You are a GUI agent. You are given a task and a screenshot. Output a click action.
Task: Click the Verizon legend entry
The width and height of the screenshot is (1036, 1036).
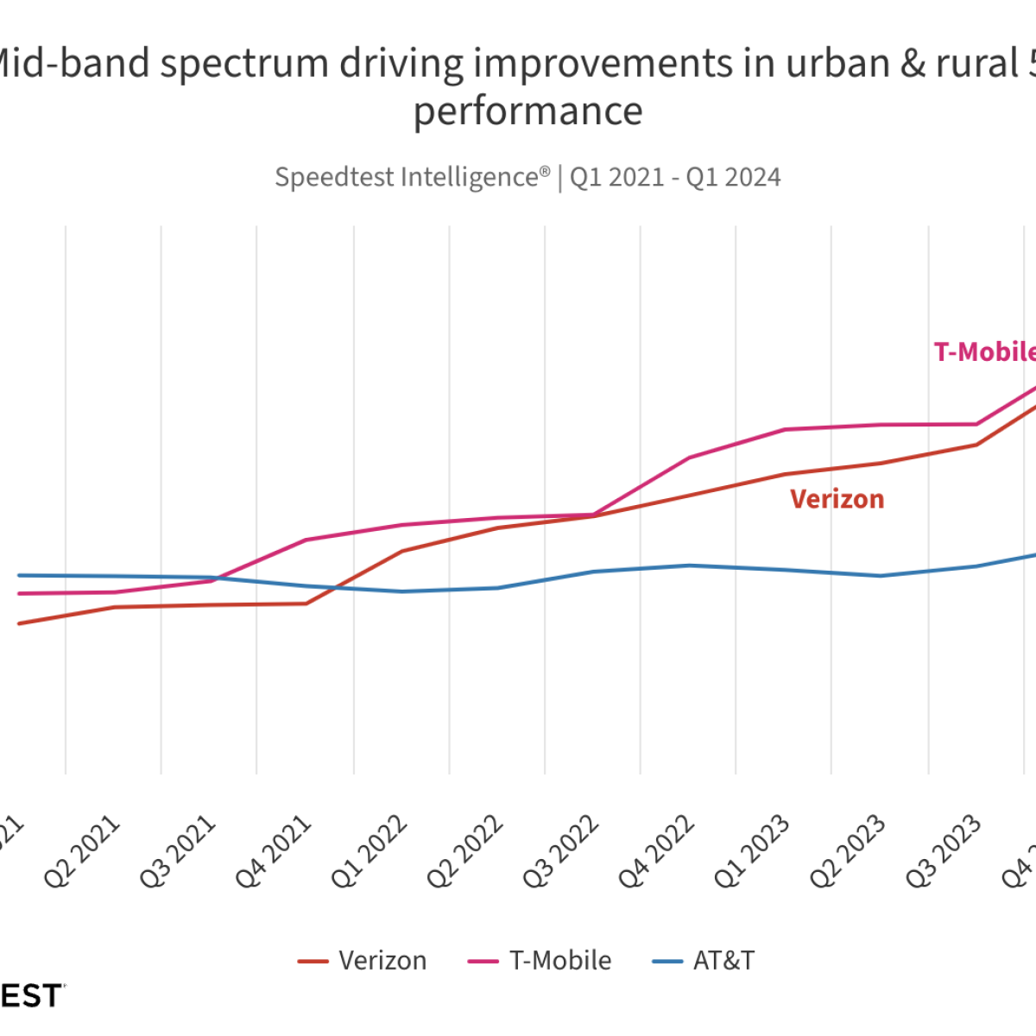point(363,961)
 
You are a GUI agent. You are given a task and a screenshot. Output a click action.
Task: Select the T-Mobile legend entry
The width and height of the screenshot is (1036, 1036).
point(540,961)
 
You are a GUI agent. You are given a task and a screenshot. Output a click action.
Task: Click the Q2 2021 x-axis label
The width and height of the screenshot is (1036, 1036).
point(81,852)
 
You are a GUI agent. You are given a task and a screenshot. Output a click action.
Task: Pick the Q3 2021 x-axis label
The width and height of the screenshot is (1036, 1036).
point(177,852)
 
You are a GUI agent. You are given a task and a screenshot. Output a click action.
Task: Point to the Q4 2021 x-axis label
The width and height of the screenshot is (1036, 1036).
point(273,852)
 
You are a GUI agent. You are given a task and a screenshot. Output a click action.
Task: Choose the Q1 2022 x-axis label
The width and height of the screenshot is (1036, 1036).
point(369,852)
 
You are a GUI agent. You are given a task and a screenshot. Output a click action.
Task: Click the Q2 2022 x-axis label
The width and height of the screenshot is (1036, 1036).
point(464,852)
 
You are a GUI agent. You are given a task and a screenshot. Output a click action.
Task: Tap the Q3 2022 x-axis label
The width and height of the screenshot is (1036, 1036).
point(560,852)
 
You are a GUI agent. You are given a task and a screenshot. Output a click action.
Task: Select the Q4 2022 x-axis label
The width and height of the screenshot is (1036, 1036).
point(656,852)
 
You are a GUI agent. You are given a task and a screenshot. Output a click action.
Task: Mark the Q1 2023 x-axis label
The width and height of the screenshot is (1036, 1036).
point(751,852)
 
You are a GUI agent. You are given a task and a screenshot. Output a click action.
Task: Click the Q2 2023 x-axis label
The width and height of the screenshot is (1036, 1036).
point(847,852)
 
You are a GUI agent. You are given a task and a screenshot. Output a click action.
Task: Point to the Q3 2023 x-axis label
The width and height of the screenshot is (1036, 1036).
point(943,852)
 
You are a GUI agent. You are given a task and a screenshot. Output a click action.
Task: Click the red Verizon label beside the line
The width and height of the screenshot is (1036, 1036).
point(837,499)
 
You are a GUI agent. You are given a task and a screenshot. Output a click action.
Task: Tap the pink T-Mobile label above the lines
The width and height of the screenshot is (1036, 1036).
point(985,352)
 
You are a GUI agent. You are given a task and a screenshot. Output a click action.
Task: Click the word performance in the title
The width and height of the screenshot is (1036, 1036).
point(528,111)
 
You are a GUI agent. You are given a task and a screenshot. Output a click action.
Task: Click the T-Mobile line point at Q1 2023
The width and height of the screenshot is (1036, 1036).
point(785,429)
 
